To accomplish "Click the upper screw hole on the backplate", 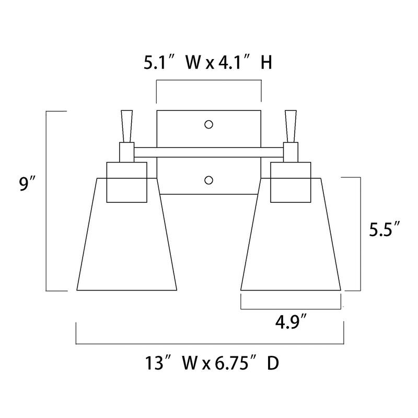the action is click(x=208, y=124).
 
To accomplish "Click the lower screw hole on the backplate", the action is click(x=208, y=180).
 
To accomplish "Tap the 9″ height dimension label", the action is click(x=27, y=184).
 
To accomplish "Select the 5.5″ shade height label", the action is click(x=385, y=229).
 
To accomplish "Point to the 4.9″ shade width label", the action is click(x=291, y=322).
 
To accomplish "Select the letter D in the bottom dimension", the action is click(x=273, y=363).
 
